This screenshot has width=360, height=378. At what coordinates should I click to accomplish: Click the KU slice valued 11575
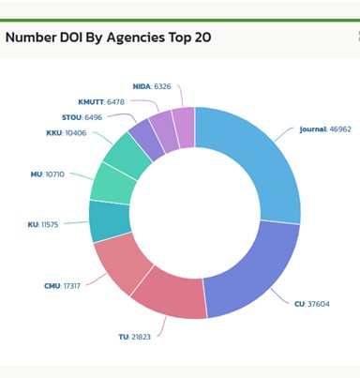pos(110,220)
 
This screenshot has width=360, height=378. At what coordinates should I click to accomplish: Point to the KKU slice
pos(127,156)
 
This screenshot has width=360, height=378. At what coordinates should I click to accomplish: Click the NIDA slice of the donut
pos(185,128)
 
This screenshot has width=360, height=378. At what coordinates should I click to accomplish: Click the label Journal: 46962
pos(325,129)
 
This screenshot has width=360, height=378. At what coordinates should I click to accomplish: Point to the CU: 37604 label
pos(312,304)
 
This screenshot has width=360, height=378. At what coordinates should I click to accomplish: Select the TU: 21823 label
pos(134,337)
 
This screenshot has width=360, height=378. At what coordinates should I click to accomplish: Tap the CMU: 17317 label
pos(62,286)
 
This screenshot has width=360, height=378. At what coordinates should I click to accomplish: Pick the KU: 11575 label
pos(43,224)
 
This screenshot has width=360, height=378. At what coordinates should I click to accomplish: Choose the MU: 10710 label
pos(47,174)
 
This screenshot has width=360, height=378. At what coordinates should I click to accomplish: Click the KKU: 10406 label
pos(67,133)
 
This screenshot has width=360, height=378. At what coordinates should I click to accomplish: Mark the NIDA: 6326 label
pos(152,86)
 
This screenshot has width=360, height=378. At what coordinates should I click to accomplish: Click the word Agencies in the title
pos(136,38)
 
